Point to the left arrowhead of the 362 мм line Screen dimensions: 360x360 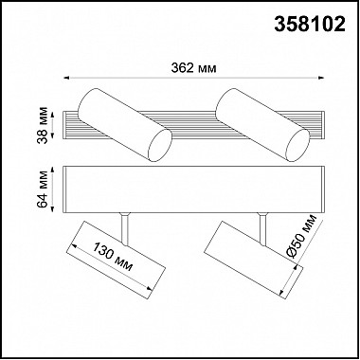(64, 79)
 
